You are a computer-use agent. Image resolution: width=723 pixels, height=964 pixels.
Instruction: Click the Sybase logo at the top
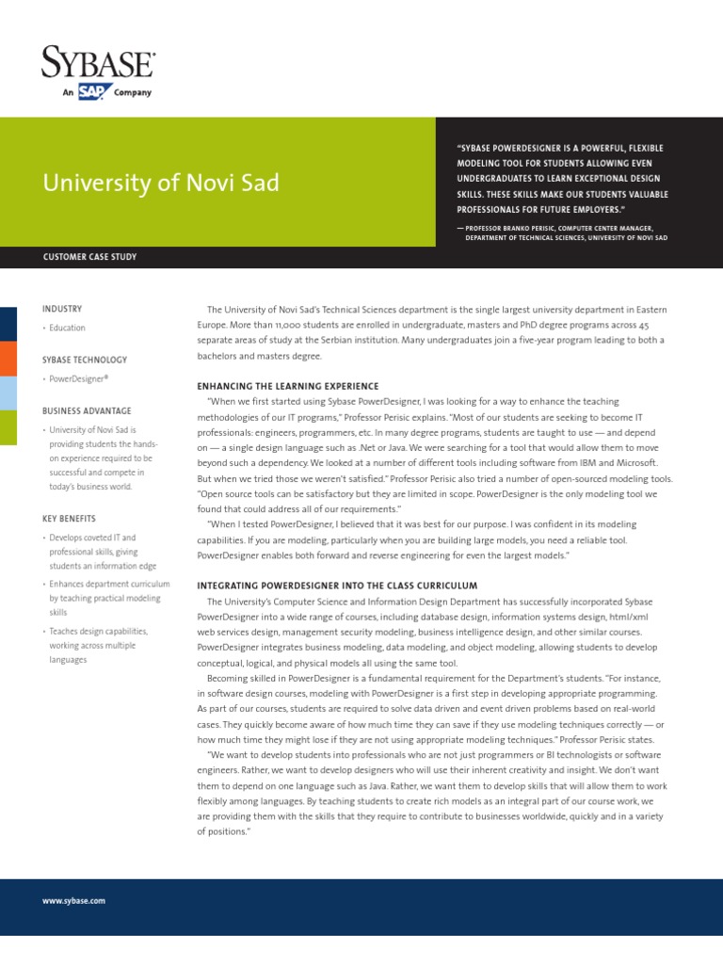coord(98,63)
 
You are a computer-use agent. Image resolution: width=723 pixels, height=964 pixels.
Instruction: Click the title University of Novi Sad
coord(161,182)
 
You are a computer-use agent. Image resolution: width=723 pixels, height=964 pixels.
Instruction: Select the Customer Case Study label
coord(89,257)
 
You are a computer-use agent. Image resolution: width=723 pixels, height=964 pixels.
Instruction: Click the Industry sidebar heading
coord(62,309)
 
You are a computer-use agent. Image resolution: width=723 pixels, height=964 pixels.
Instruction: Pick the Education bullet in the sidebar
coord(67,328)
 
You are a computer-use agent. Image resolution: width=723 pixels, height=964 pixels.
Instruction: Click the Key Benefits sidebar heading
coord(69,518)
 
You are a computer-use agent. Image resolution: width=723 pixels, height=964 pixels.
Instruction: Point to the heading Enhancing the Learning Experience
coord(287,386)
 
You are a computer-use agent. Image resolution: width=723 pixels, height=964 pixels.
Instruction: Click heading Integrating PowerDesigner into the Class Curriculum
coord(336,586)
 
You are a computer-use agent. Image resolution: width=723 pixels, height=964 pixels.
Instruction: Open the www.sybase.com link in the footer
coord(73,901)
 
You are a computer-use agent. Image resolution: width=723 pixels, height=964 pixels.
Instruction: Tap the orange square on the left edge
coord(8,357)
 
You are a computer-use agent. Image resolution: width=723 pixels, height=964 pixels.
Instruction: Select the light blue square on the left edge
coord(8,392)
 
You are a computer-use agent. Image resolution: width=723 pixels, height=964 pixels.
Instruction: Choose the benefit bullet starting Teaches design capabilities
coord(98,645)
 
